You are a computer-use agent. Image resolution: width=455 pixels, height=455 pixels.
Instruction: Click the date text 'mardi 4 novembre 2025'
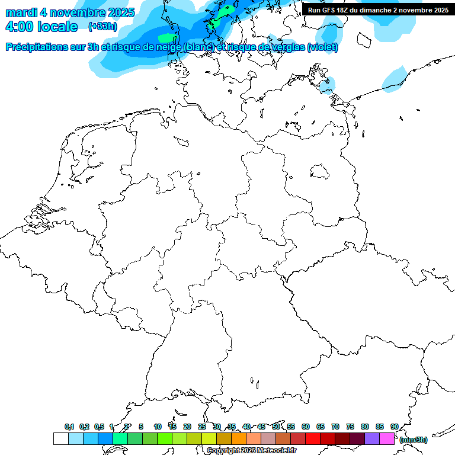coord(70,12)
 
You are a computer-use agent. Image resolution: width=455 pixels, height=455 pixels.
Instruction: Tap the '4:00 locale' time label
coord(41,27)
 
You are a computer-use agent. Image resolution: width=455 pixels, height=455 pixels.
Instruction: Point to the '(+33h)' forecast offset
coord(102,27)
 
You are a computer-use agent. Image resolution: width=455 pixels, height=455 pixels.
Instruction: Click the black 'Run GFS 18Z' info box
coord(378,9)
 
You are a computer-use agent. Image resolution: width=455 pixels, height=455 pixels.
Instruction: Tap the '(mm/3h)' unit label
coord(413,440)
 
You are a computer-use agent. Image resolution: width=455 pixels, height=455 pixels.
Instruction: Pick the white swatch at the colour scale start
coord(60,439)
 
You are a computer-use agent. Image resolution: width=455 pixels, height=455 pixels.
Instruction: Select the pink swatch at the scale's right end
coord(387,439)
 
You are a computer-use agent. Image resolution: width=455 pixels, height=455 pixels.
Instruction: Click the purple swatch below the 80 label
coord(372,439)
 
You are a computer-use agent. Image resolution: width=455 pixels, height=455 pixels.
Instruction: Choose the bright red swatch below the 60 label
coord(313,439)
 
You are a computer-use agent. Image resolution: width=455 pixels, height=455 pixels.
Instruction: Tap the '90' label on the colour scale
coord(395,427)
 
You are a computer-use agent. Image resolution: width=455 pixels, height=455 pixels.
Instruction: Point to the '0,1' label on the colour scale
coord(69,427)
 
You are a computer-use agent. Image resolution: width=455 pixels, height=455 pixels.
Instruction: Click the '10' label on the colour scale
coord(158,427)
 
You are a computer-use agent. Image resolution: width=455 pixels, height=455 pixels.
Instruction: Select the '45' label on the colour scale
coord(261,427)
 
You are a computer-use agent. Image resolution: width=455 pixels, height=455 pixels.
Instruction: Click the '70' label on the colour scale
coord(335,427)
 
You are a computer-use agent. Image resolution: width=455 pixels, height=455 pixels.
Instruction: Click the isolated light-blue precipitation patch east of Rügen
coord(394,80)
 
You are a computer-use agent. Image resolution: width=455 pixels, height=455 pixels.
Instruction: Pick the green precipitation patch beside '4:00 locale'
coord(167,39)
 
